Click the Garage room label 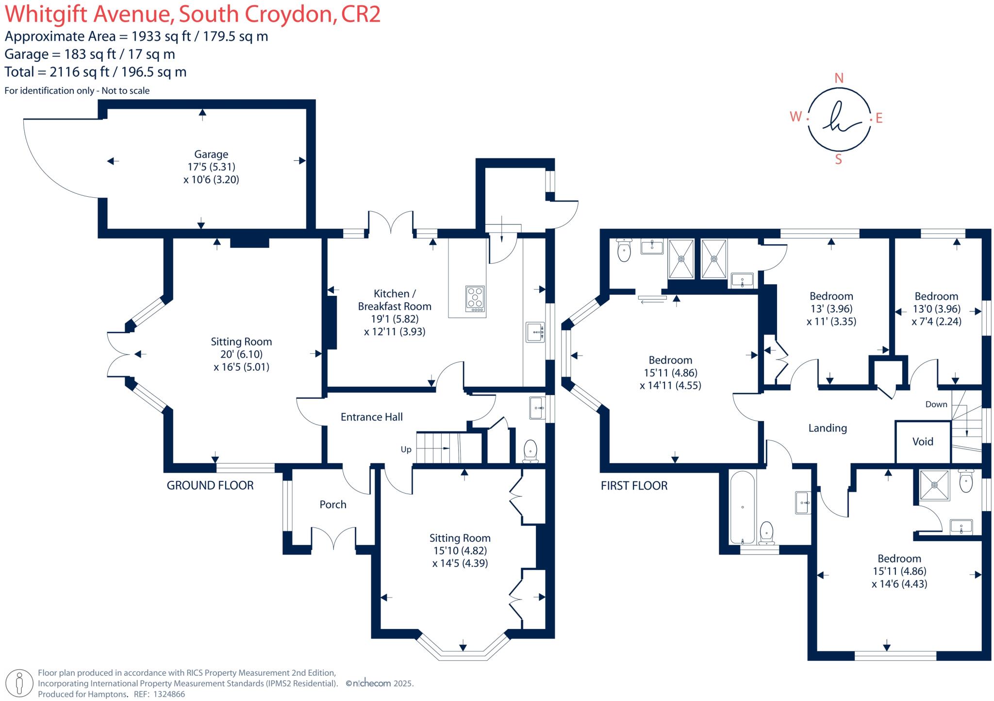(211, 154)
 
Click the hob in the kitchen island (475, 298)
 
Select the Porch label (332, 504)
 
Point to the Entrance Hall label (371, 417)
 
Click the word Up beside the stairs (406, 449)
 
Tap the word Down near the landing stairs (936, 404)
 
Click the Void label (922, 442)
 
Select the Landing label (827, 428)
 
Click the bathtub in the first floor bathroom (742, 507)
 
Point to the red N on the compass (839, 78)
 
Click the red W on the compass (795, 117)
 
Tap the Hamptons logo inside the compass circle (838, 118)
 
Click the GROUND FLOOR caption (210, 485)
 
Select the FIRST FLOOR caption (633, 485)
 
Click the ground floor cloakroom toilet (530, 451)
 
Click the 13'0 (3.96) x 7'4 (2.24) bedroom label (936, 308)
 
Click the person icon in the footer (19, 683)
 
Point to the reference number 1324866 (169, 694)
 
